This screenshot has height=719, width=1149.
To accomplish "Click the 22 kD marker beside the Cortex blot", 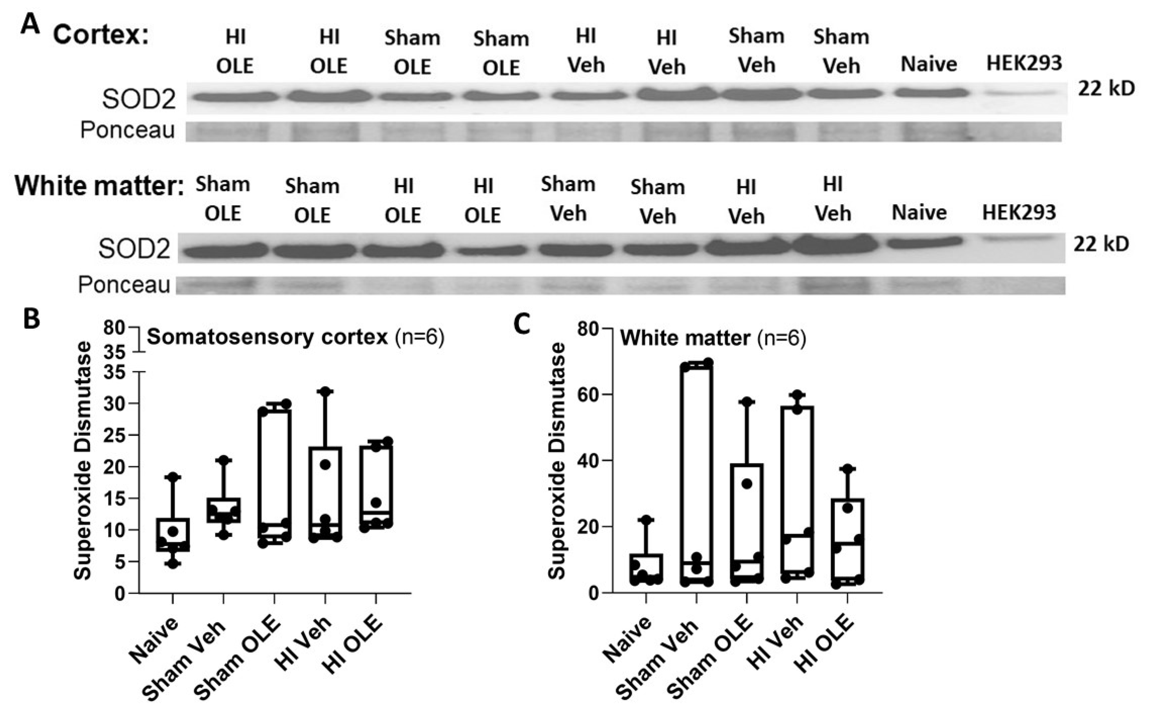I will coord(1106,88).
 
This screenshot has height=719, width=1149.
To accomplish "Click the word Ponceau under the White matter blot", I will coord(124,285).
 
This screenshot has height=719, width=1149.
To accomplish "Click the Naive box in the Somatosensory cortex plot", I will coord(173,534).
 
